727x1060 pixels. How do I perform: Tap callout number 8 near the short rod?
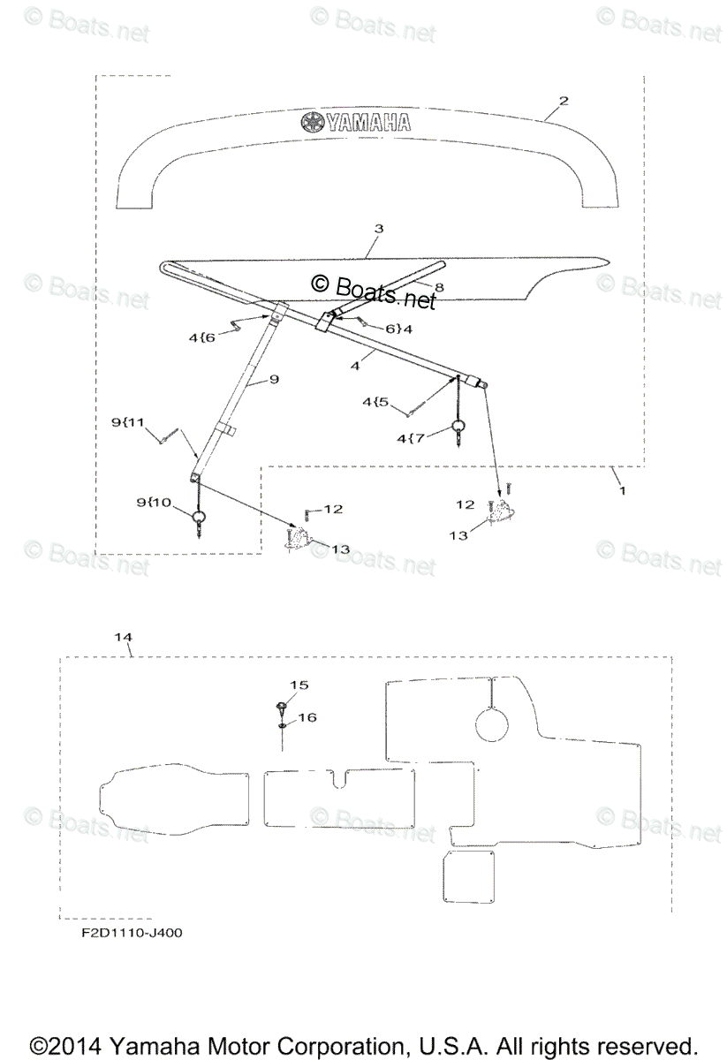[x=439, y=287]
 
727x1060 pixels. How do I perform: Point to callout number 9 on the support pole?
[x=274, y=379]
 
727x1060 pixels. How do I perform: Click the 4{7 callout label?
[x=412, y=437]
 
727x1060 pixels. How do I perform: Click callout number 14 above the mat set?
[x=124, y=636]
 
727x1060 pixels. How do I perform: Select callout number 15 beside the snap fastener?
[x=301, y=685]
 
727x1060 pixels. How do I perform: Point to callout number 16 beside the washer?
[x=306, y=718]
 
